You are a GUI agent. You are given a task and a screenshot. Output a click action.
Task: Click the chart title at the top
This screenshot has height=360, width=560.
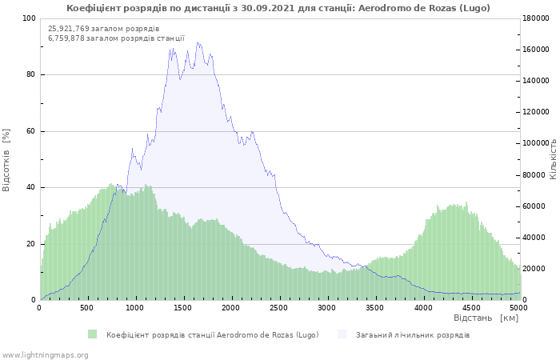click(278, 8)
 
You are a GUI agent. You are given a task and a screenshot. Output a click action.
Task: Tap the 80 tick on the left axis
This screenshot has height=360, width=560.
click(30, 74)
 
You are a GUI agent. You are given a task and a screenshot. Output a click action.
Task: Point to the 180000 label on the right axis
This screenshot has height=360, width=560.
click(536, 18)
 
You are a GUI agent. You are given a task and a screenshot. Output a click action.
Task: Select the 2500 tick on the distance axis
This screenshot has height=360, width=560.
click(278, 308)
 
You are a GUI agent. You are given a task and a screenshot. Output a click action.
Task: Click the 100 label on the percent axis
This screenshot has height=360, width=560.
click(29, 18)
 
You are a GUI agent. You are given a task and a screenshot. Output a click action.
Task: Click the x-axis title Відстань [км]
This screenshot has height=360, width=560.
click(486, 318)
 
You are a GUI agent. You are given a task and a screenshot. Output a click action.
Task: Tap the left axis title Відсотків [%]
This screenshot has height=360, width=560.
click(6, 160)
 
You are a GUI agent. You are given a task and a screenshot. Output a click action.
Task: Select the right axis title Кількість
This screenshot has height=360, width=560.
click(554, 159)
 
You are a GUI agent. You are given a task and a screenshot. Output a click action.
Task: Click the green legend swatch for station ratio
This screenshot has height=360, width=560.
click(93, 334)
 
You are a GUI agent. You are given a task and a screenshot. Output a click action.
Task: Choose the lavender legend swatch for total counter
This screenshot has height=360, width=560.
click(342, 334)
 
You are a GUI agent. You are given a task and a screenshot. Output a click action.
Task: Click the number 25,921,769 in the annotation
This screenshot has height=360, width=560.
click(69, 29)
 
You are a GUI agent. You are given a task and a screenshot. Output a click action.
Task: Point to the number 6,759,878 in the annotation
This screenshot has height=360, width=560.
click(66, 38)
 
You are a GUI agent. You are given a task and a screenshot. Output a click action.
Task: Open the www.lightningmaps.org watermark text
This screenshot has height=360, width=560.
click(45, 355)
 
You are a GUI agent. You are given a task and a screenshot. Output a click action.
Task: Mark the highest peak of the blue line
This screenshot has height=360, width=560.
click(197, 42)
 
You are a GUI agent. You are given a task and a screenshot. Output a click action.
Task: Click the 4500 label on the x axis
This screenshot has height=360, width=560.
click(471, 308)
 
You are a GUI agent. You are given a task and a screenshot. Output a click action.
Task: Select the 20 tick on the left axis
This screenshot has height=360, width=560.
click(30, 244)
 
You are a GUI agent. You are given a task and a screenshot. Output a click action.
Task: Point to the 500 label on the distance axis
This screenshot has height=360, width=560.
click(86, 308)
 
